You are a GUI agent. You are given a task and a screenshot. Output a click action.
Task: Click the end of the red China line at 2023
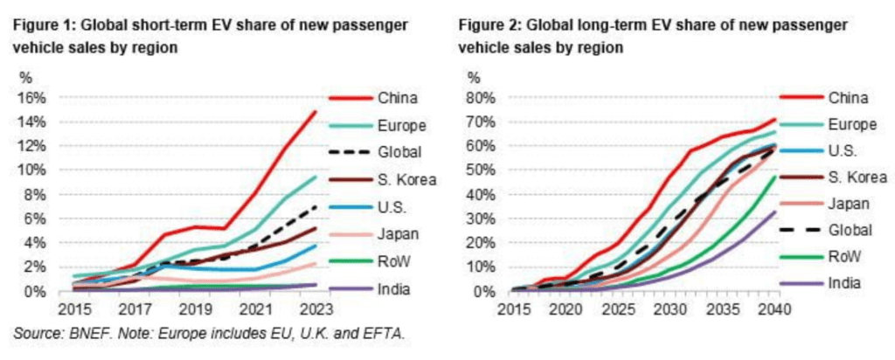316,111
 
